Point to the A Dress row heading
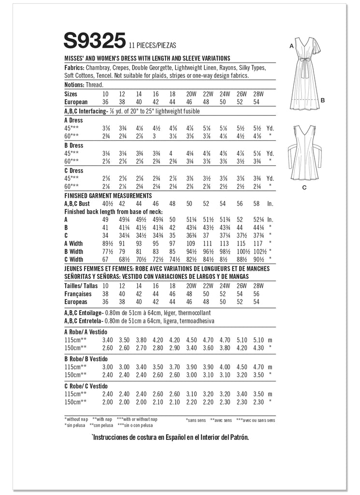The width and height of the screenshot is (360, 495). [x=73, y=120]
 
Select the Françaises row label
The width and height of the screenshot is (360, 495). [x=79, y=293]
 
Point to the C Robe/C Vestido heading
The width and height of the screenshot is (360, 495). [x=85, y=385]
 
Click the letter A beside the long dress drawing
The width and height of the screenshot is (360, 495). [x=291, y=45]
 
